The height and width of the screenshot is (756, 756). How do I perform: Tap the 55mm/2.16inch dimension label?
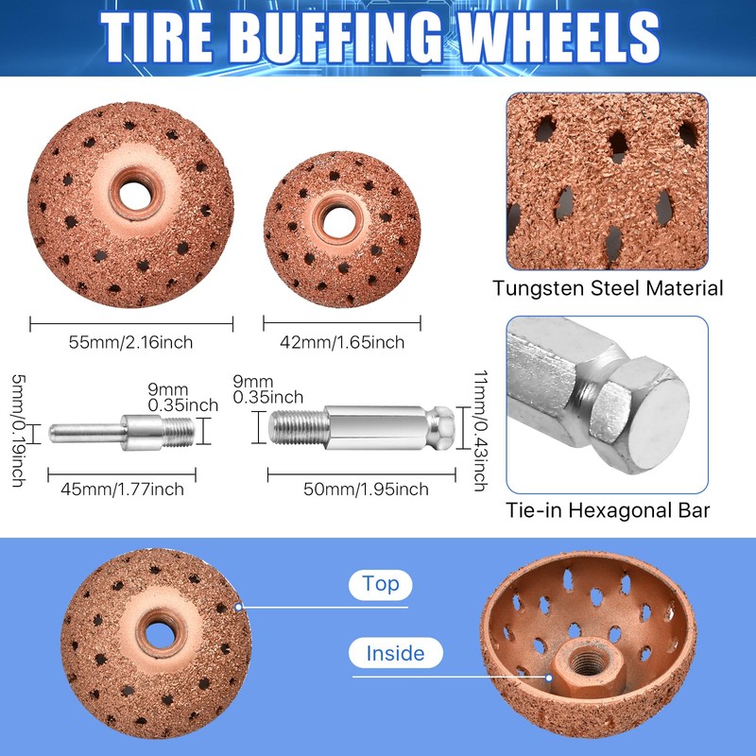[132, 341]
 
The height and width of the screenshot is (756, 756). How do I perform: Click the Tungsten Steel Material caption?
[608, 288]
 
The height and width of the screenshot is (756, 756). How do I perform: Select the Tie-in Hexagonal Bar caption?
[608, 511]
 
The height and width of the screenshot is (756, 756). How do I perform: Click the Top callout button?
[380, 584]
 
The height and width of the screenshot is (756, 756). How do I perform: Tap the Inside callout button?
[397, 653]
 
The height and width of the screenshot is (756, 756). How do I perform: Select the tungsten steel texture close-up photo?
[608, 179]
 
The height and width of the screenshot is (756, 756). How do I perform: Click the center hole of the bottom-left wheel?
[151, 627]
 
